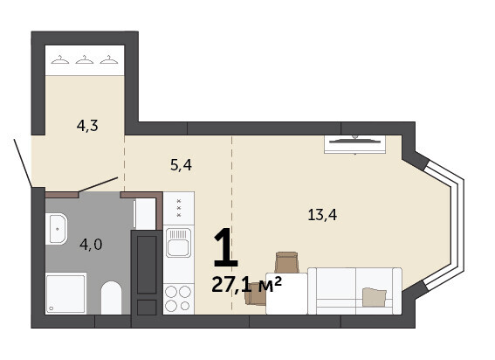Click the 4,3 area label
click(x=87, y=126)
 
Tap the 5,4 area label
click(x=181, y=165)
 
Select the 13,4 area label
click(x=322, y=215)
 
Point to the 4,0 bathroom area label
click(x=91, y=245)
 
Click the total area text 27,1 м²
click(x=246, y=284)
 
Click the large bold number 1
click(x=225, y=248)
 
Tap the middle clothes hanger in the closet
click(x=85, y=59)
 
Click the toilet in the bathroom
click(x=111, y=298)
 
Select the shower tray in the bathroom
click(x=66, y=294)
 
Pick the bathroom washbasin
click(x=56, y=229)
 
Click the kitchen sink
click(x=179, y=242)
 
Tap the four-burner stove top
click(x=178, y=299)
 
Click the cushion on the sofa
click(x=375, y=297)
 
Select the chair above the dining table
click(x=287, y=262)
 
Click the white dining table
click(x=286, y=294)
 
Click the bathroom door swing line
click(x=98, y=184)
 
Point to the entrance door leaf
click(x=23, y=163)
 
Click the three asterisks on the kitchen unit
click(x=179, y=208)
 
